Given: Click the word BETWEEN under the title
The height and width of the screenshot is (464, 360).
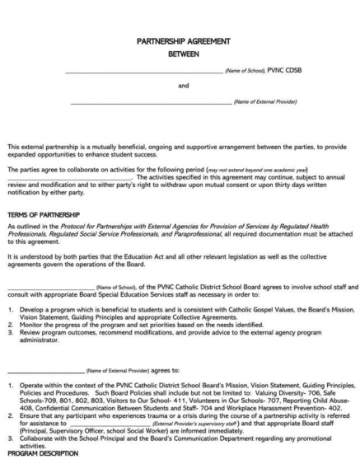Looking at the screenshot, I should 183,54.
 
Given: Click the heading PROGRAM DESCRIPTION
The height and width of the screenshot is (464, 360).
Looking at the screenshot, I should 42,453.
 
